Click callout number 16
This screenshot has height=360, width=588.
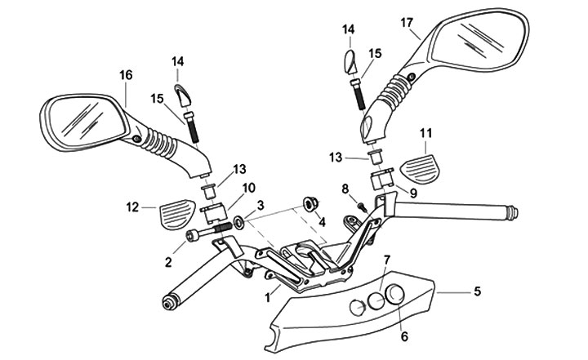(x=125, y=75)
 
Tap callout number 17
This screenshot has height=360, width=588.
(x=406, y=23)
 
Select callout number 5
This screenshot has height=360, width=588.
(x=478, y=290)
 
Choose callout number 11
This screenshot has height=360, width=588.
(x=427, y=132)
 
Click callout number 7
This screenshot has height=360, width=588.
(x=388, y=260)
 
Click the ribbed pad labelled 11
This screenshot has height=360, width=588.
(x=421, y=167)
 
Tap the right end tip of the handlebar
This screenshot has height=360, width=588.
(x=514, y=214)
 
